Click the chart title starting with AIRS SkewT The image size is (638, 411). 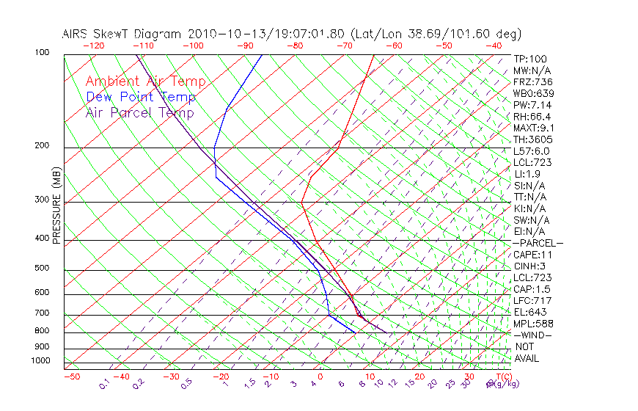pos(292,34)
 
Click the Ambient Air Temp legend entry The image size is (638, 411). pos(145,81)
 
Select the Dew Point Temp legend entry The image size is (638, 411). pos(141,97)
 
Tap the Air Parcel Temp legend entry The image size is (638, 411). pos(139,112)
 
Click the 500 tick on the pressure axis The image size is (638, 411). pos(41,269)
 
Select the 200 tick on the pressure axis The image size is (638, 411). pos(41,146)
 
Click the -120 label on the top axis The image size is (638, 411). pos(93,46)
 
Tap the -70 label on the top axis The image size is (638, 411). pos(343,46)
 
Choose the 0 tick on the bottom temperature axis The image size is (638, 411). pos(320,377)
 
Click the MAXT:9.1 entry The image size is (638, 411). pos(533,128)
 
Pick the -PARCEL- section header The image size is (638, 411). pos(538,243)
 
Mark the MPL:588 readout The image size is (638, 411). pos(533,324)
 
